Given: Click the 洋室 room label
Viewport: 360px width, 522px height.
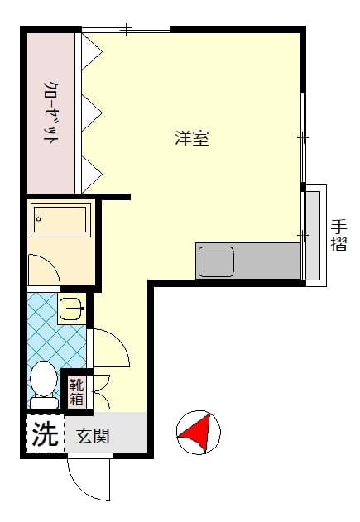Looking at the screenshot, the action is click(x=192, y=138).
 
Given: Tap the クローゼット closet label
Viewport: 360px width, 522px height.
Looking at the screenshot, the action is click(x=50, y=113).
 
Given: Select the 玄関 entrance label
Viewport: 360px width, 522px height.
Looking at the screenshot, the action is click(x=93, y=436).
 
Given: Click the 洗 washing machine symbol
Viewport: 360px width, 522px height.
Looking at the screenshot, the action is click(x=46, y=433).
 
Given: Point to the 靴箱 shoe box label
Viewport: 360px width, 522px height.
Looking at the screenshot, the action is click(x=77, y=392).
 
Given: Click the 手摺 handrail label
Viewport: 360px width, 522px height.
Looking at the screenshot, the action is click(x=339, y=236).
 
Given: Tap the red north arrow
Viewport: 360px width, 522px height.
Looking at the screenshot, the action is click(x=196, y=432).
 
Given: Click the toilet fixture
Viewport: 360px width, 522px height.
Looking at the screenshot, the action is click(x=44, y=385).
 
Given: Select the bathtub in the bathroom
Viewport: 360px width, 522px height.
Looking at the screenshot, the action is click(x=60, y=219).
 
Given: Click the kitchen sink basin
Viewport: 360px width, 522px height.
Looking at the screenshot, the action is click(x=216, y=261).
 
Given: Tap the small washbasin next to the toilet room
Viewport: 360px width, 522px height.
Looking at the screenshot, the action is click(x=70, y=308).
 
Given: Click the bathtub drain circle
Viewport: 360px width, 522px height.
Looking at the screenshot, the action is click(x=39, y=218).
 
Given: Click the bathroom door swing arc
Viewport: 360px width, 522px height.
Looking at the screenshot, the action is click(x=50, y=262).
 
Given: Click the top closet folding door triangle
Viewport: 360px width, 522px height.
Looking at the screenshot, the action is click(x=92, y=51).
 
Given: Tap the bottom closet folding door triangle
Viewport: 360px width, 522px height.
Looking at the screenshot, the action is click(x=92, y=174).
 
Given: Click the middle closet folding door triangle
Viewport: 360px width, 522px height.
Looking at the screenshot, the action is click(x=92, y=113).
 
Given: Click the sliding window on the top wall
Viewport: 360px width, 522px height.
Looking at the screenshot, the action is click(x=127, y=30).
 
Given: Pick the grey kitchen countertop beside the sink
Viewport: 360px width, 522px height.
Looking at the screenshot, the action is click(x=266, y=261).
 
